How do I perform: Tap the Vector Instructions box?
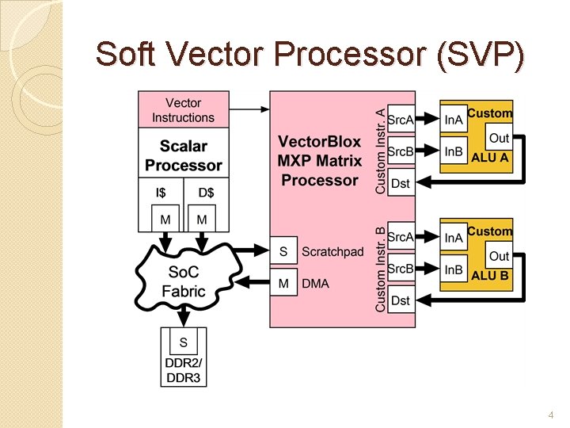[x=184, y=110]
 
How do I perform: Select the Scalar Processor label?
[x=184, y=155]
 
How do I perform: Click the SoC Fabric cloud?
[x=184, y=281]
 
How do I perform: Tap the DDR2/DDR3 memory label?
[x=184, y=370]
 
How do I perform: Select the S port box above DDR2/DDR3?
[x=184, y=342]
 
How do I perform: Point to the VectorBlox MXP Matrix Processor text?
[x=320, y=161]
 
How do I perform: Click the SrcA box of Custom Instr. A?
[x=401, y=120]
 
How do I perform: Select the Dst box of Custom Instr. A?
[x=401, y=183]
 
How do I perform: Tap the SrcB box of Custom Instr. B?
[x=401, y=269]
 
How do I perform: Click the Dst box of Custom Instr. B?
[x=401, y=300]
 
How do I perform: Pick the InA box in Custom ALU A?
[x=454, y=120]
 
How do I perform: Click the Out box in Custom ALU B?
[x=499, y=256]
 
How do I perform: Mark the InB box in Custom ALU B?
[x=454, y=269]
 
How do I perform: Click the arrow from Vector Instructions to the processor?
[x=249, y=109]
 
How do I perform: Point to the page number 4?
[x=551, y=415]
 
